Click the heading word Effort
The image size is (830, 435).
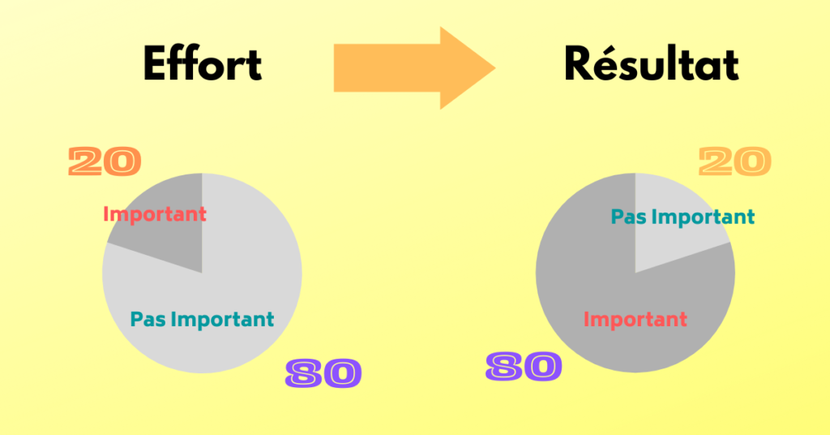point(203,64)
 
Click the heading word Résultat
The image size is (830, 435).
point(652,64)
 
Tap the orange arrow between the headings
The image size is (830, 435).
point(405,67)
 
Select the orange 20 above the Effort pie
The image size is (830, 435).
point(105,162)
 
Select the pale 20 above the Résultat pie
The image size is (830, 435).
point(734,162)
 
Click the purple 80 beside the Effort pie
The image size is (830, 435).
point(323,373)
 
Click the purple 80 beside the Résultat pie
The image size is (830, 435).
point(524,366)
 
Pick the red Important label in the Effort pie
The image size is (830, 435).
point(155,214)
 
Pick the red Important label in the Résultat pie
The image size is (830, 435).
point(635,319)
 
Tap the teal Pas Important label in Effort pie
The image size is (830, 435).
point(203,319)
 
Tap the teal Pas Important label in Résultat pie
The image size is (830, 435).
point(682,217)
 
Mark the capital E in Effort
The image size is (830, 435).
point(157,64)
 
